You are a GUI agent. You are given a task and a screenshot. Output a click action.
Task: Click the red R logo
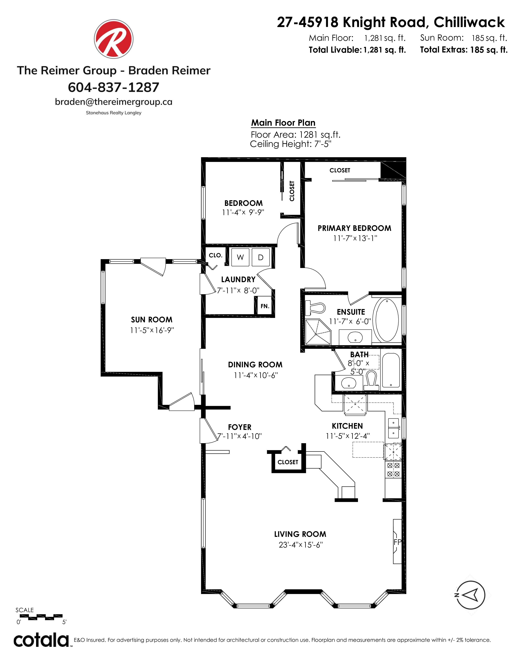tap(113, 39)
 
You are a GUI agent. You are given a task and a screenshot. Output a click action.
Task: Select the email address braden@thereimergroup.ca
tap(113, 102)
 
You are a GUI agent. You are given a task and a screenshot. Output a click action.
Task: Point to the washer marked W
tap(240, 257)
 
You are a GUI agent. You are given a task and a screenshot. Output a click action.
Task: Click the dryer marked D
tap(261, 257)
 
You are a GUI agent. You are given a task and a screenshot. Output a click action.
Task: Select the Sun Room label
tap(152, 320)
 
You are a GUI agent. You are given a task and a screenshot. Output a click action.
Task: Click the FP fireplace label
tap(397, 542)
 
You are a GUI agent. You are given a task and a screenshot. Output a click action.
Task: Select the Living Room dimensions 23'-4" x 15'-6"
tap(301, 545)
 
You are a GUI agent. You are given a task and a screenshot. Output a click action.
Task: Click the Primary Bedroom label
tap(354, 228)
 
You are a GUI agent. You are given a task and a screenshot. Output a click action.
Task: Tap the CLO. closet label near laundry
tap(216, 255)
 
